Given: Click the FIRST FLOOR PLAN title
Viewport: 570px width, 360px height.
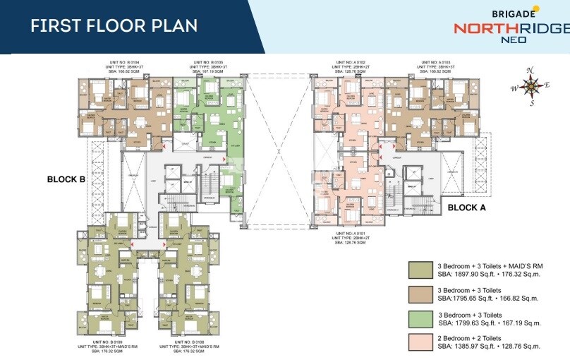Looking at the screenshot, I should pyautogui.click(x=114, y=25).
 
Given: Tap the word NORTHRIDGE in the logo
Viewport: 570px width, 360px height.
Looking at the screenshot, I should pyautogui.click(x=511, y=29).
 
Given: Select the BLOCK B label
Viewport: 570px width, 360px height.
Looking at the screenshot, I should pyautogui.click(x=66, y=179).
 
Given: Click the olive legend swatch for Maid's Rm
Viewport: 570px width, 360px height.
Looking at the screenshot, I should pyautogui.click(x=420, y=270).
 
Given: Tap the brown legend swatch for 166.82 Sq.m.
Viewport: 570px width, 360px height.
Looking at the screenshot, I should pyautogui.click(x=420, y=294).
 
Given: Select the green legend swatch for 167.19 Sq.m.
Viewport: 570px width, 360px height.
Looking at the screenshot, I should pyautogui.click(x=420, y=318).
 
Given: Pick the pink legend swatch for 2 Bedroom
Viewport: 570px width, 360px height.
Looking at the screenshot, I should pyautogui.click(x=420, y=342).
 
